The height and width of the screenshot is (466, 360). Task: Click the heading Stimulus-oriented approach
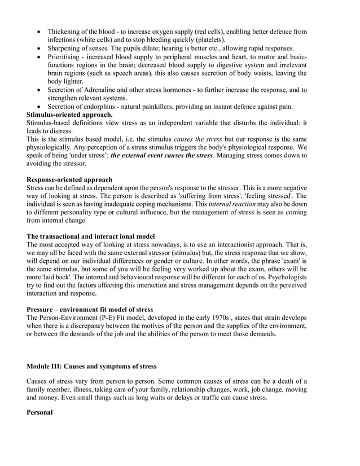pos(69,115)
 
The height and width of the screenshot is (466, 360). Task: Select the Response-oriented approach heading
pos(69,180)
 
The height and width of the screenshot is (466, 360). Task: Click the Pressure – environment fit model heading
pos(90,310)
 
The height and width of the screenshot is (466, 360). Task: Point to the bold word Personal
pos(39,412)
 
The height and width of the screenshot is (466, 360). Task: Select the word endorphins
pos(104,107)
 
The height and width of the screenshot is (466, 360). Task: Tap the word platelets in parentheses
pos(209,40)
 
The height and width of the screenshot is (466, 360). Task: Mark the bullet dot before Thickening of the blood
pos(38,32)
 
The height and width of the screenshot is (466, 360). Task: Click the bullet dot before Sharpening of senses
pos(38,49)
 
